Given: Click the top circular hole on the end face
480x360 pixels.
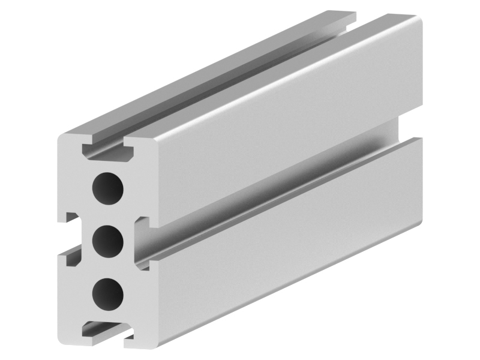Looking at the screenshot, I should point(107,188).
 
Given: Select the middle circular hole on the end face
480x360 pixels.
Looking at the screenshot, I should point(108,241).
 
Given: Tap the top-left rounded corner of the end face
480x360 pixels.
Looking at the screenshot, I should point(63,137).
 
